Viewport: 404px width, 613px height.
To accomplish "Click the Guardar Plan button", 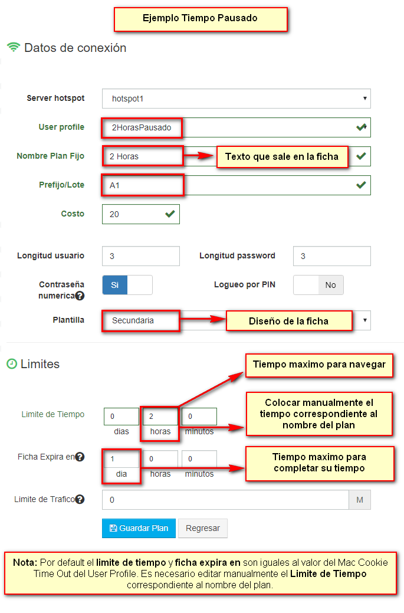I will coord(139,528).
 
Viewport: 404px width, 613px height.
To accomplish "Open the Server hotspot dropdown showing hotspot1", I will coord(236,99).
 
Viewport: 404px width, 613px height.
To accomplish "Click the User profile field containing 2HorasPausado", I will coord(236,127).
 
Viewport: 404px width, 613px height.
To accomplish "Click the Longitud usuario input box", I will coord(140,256).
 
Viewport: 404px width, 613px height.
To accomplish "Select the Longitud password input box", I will coord(331,256).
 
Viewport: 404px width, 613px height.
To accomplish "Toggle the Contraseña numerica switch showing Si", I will coord(127,285).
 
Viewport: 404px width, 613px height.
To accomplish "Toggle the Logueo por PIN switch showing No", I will coord(318,285).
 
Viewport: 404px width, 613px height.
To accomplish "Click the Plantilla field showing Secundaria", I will coord(142,320).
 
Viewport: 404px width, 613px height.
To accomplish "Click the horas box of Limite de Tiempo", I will coord(160,417).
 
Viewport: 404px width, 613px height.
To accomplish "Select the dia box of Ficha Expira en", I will coord(121,458).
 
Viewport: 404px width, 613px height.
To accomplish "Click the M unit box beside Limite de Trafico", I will coord(360,500).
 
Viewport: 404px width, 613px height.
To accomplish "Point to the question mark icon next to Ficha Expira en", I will coord(80,457).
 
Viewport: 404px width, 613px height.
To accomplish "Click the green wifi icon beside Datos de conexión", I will coord(14,48).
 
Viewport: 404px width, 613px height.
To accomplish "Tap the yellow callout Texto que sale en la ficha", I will coord(282,156).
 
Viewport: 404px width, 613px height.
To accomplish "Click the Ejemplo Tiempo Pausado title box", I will coord(200,18).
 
